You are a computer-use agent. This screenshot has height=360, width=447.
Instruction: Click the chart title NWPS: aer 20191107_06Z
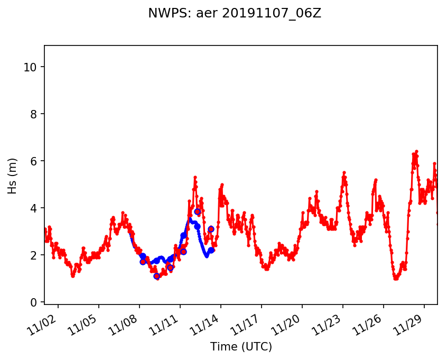(x=235, y=14)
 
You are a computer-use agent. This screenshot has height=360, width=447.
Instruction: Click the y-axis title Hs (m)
(x=12, y=176)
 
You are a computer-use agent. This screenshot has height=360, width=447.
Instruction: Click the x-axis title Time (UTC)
(x=241, y=347)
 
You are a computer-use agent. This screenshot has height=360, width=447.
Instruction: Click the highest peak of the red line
(x=416, y=151)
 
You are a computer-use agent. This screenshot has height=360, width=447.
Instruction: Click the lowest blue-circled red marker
(x=156, y=276)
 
